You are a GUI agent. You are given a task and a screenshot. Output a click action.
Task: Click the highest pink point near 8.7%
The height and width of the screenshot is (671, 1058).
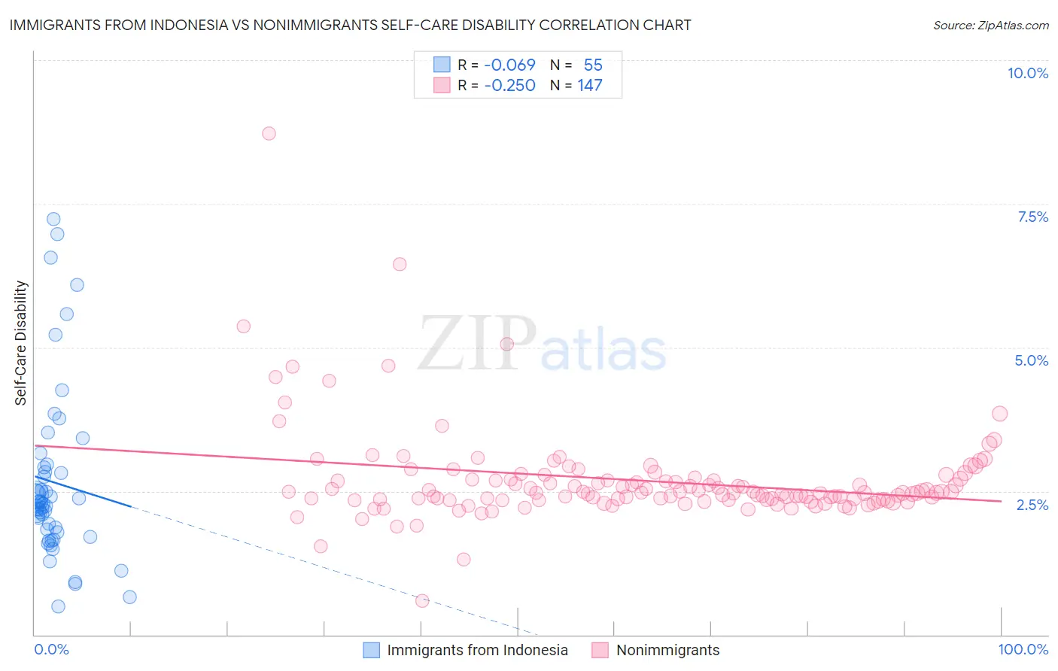pos(269,133)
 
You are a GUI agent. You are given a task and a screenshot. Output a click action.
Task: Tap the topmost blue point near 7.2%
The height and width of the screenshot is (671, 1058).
pos(53,219)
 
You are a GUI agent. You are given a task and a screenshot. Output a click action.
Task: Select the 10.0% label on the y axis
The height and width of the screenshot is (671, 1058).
pos(1027,73)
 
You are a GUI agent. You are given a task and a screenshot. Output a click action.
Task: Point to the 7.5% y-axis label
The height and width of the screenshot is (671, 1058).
pos(1032,217)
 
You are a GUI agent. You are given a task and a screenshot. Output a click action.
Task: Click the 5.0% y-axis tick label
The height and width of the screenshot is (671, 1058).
pos(1031,360)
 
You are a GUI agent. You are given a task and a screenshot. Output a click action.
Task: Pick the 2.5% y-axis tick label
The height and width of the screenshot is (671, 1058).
pos(1032,505)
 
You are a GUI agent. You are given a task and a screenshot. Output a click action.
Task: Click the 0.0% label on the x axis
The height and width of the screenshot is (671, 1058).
pos(51,649)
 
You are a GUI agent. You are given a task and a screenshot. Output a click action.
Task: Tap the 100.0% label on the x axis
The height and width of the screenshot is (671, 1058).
pos(1023,649)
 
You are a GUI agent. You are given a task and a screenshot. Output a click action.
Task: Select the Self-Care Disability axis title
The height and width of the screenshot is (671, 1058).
pos(21,343)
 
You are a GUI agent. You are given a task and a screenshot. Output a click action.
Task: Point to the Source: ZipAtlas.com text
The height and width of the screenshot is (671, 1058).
pos(990,25)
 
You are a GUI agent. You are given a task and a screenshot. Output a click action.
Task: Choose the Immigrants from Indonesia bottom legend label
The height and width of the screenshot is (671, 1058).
pos(477,650)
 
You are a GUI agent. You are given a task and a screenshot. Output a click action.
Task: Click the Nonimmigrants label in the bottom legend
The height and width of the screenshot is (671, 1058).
pos(667,650)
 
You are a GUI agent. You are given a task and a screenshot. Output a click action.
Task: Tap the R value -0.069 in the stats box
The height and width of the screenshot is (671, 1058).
pos(509,65)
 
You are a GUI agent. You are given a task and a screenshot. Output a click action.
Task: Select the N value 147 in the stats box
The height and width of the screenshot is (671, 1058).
pos(590,85)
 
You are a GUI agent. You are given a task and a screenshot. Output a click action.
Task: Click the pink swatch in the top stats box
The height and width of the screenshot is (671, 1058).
pos(442,85)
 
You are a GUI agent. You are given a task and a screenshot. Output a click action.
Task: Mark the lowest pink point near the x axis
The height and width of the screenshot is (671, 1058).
pos(422,600)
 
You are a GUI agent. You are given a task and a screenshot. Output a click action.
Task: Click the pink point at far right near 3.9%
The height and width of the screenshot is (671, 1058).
pos(999,413)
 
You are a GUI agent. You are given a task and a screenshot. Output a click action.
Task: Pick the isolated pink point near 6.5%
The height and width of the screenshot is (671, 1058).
pos(400,264)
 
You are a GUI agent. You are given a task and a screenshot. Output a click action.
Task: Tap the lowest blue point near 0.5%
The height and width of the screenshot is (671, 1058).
pos(58,606)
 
